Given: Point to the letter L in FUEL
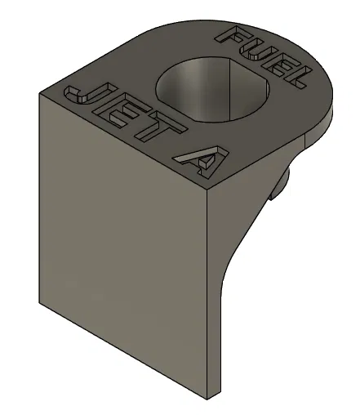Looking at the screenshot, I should coord(298,78).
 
